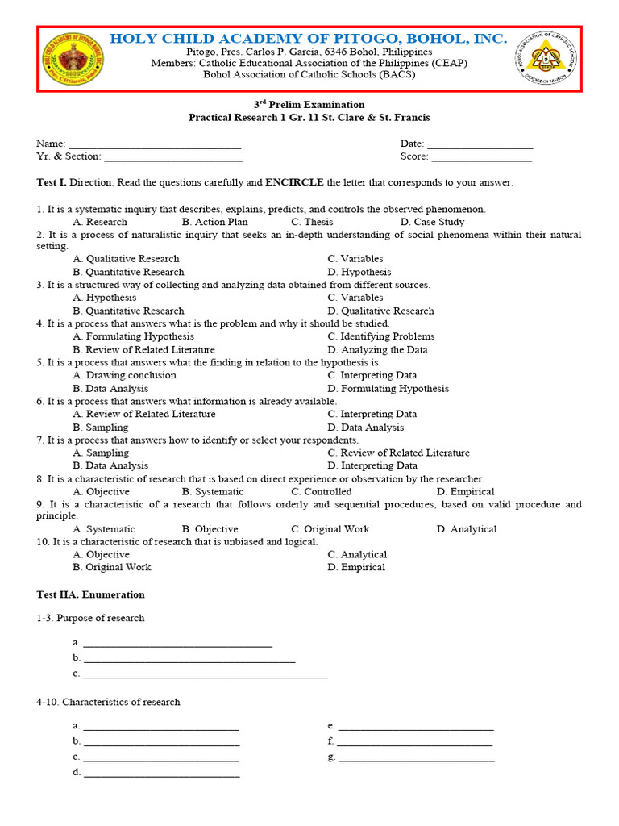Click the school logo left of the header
coord(73,59)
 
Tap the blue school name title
coord(309,39)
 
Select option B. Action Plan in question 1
coord(214,222)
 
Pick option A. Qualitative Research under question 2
coord(126,259)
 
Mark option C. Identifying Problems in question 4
coord(380,336)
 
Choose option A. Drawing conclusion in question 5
coord(124,375)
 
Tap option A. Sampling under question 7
coord(100,453)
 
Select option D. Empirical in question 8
coord(465,491)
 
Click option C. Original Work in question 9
coord(330,529)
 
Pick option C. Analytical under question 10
coord(357,554)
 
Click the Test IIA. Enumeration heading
coord(91,594)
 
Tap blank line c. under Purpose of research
coord(205,675)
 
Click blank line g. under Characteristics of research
coord(416,759)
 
